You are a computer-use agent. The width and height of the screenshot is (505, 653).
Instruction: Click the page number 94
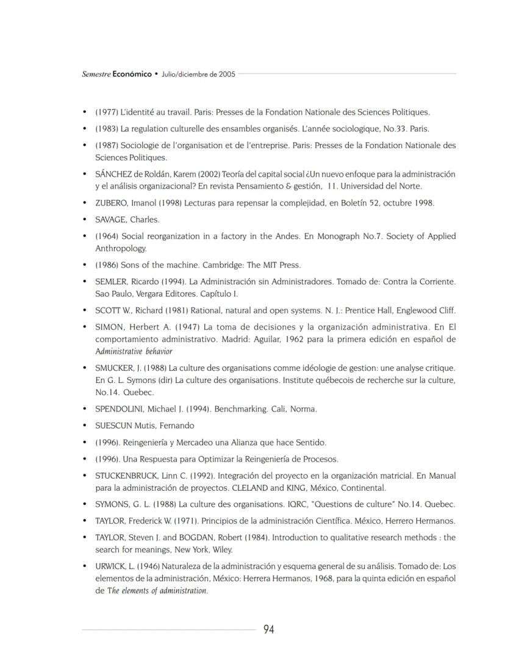(268, 629)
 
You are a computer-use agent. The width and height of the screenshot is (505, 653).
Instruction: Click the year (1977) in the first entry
(107, 112)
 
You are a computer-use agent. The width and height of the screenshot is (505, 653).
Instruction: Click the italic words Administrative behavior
(134, 351)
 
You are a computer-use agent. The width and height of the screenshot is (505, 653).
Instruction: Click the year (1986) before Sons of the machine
(107, 265)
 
